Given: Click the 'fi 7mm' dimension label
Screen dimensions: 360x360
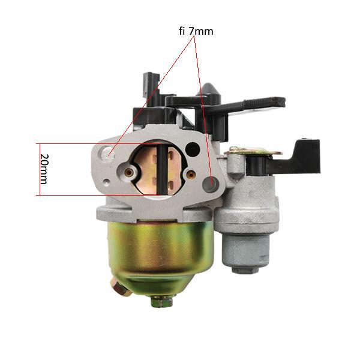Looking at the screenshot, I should point(196,30).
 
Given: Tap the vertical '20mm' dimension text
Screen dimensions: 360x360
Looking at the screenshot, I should point(44,169).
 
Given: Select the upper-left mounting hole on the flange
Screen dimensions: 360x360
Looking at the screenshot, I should point(109,155).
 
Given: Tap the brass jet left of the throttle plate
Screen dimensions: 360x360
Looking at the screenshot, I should point(128,172).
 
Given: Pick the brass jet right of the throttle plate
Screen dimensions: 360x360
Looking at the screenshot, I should point(191,175).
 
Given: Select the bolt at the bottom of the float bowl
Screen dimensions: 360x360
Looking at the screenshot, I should point(161,301).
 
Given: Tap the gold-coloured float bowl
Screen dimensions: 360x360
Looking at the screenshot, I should point(160,252).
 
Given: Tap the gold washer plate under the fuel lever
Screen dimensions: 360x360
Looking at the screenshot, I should point(252,152).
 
